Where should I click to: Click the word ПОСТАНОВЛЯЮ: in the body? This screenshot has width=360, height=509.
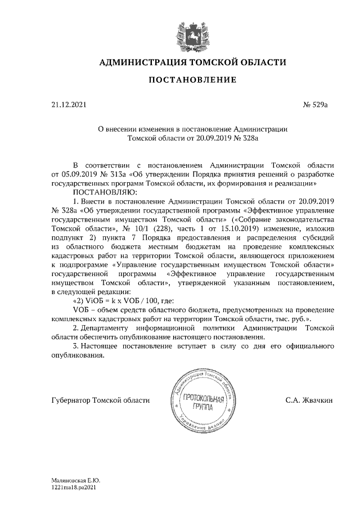pos(97,191)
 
